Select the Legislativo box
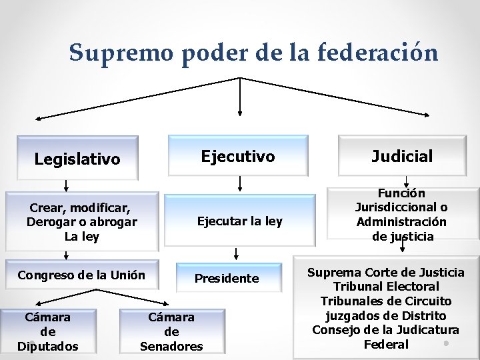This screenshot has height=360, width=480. click(x=77, y=159)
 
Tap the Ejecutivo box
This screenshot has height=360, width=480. click(x=238, y=157)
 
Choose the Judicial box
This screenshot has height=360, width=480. click(x=402, y=157)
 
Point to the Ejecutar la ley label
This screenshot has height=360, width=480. click(x=239, y=221)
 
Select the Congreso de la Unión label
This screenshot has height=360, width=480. click(x=81, y=275)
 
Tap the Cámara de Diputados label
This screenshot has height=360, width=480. click(x=48, y=331)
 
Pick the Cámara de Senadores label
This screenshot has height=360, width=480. click(x=171, y=331)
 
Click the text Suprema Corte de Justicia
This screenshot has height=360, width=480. click(x=385, y=273)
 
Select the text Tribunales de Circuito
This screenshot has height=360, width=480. click(x=386, y=301)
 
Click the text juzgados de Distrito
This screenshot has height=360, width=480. click(x=386, y=316)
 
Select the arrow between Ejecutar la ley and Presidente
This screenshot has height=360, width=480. click(x=237, y=253)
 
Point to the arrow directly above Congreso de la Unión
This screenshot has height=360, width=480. click(x=66, y=254)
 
